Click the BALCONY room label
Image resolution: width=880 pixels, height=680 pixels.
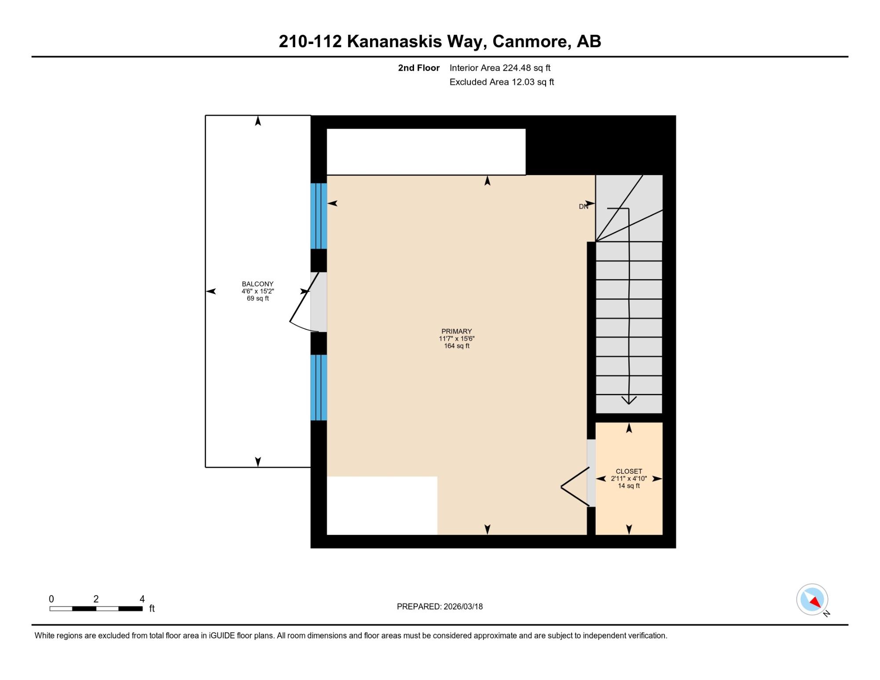(257, 284)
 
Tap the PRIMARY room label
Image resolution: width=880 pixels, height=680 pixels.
(457, 331)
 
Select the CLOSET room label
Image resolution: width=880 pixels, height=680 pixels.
(629, 471)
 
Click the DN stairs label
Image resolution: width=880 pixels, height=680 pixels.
(583, 206)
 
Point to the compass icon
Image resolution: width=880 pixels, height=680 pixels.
(812, 599)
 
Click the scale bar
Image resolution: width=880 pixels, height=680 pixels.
(96, 609)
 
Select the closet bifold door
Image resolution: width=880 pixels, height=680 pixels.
(575, 487)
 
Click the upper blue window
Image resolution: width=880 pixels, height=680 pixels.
(319, 216)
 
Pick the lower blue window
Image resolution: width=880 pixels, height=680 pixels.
(319, 388)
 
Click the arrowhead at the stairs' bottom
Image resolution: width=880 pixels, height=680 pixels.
(629, 400)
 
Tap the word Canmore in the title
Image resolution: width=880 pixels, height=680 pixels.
(529, 41)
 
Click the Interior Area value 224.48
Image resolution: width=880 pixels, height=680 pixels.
(517, 68)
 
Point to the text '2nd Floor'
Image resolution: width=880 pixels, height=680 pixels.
(419, 68)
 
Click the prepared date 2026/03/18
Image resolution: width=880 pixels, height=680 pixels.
(463, 606)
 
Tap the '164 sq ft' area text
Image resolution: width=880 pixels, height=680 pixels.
(457, 346)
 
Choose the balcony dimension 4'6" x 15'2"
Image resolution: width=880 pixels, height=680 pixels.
(257, 291)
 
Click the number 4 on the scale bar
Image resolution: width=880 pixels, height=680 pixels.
(142, 599)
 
